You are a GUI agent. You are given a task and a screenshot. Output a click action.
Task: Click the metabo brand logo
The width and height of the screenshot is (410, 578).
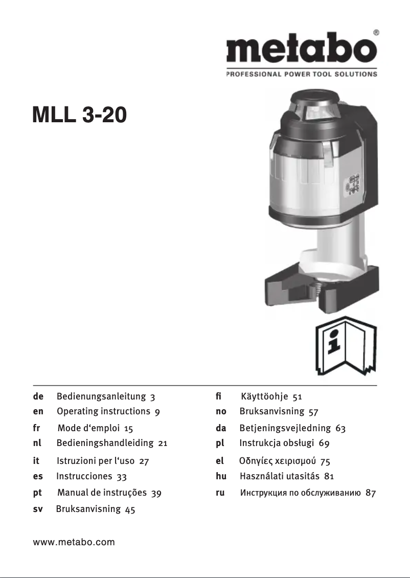pyautogui.click(x=302, y=50)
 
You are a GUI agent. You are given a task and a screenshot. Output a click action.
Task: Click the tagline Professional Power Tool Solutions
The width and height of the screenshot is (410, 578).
pyautogui.click(x=302, y=74)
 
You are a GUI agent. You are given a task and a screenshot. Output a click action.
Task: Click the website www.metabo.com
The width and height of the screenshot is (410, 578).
pyautogui.click(x=74, y=542)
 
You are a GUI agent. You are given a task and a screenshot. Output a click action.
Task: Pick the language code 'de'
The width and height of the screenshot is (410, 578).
pyautogui.click(x=38, y=396)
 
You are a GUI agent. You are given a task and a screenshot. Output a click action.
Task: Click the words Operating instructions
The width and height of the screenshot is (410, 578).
pyautogui.click(x=103, y=411)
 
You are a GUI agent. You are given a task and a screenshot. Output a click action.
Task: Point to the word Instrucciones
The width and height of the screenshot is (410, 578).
pyautogui.click(x=84, y=476)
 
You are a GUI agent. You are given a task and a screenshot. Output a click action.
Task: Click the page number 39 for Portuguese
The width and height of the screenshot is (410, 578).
pyautogui.click(x=156, y=494)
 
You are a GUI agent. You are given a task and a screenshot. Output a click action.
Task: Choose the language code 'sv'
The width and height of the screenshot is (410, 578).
pyautogui.click(x=38, y=509)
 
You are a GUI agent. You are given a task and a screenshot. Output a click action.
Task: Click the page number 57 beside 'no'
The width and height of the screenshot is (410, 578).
pyautogui.click(x=313, y=411)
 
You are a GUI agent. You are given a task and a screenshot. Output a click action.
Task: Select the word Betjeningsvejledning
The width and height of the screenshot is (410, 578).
pyautogui.click(x=284, y=428)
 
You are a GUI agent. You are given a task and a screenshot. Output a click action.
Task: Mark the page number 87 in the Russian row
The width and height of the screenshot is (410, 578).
pyautogui.click(x=371, y=494)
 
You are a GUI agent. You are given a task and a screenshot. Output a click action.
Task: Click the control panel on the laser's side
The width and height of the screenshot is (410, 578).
pyautogui.click(x=353, y=185)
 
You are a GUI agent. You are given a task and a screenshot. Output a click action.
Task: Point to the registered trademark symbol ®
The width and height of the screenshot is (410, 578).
pyautogui.click(x=376, y=32)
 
